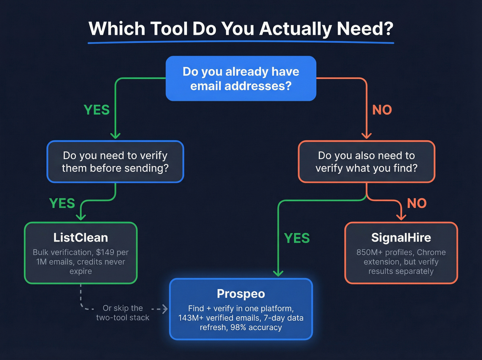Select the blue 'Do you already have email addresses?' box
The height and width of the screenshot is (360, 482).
pos(241,79)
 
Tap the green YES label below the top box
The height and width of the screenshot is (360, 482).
pos(97,110)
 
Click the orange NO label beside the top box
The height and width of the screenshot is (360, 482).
pos(382,110)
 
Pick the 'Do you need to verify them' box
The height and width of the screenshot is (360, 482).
pos(115,162)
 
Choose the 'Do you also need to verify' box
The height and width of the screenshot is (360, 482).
pos(366,162)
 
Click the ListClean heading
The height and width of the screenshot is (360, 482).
pos(81,238)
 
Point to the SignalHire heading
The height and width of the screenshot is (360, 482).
pos(401,238)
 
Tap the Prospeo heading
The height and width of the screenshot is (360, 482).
pos(241,294)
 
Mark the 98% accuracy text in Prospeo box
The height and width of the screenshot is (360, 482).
pos(256,328)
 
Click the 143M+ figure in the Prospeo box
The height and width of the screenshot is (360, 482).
pos(191,318)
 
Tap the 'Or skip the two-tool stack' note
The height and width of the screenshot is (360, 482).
pos(123,313)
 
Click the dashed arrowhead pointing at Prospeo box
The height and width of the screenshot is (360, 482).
pos(165,309)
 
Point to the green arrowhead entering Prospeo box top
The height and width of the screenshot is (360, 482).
pos(278,273)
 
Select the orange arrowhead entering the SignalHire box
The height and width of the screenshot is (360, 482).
pos(401,217)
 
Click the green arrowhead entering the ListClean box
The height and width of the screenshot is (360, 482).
pos(81,217)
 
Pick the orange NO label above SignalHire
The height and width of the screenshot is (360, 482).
pos(417,203)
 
